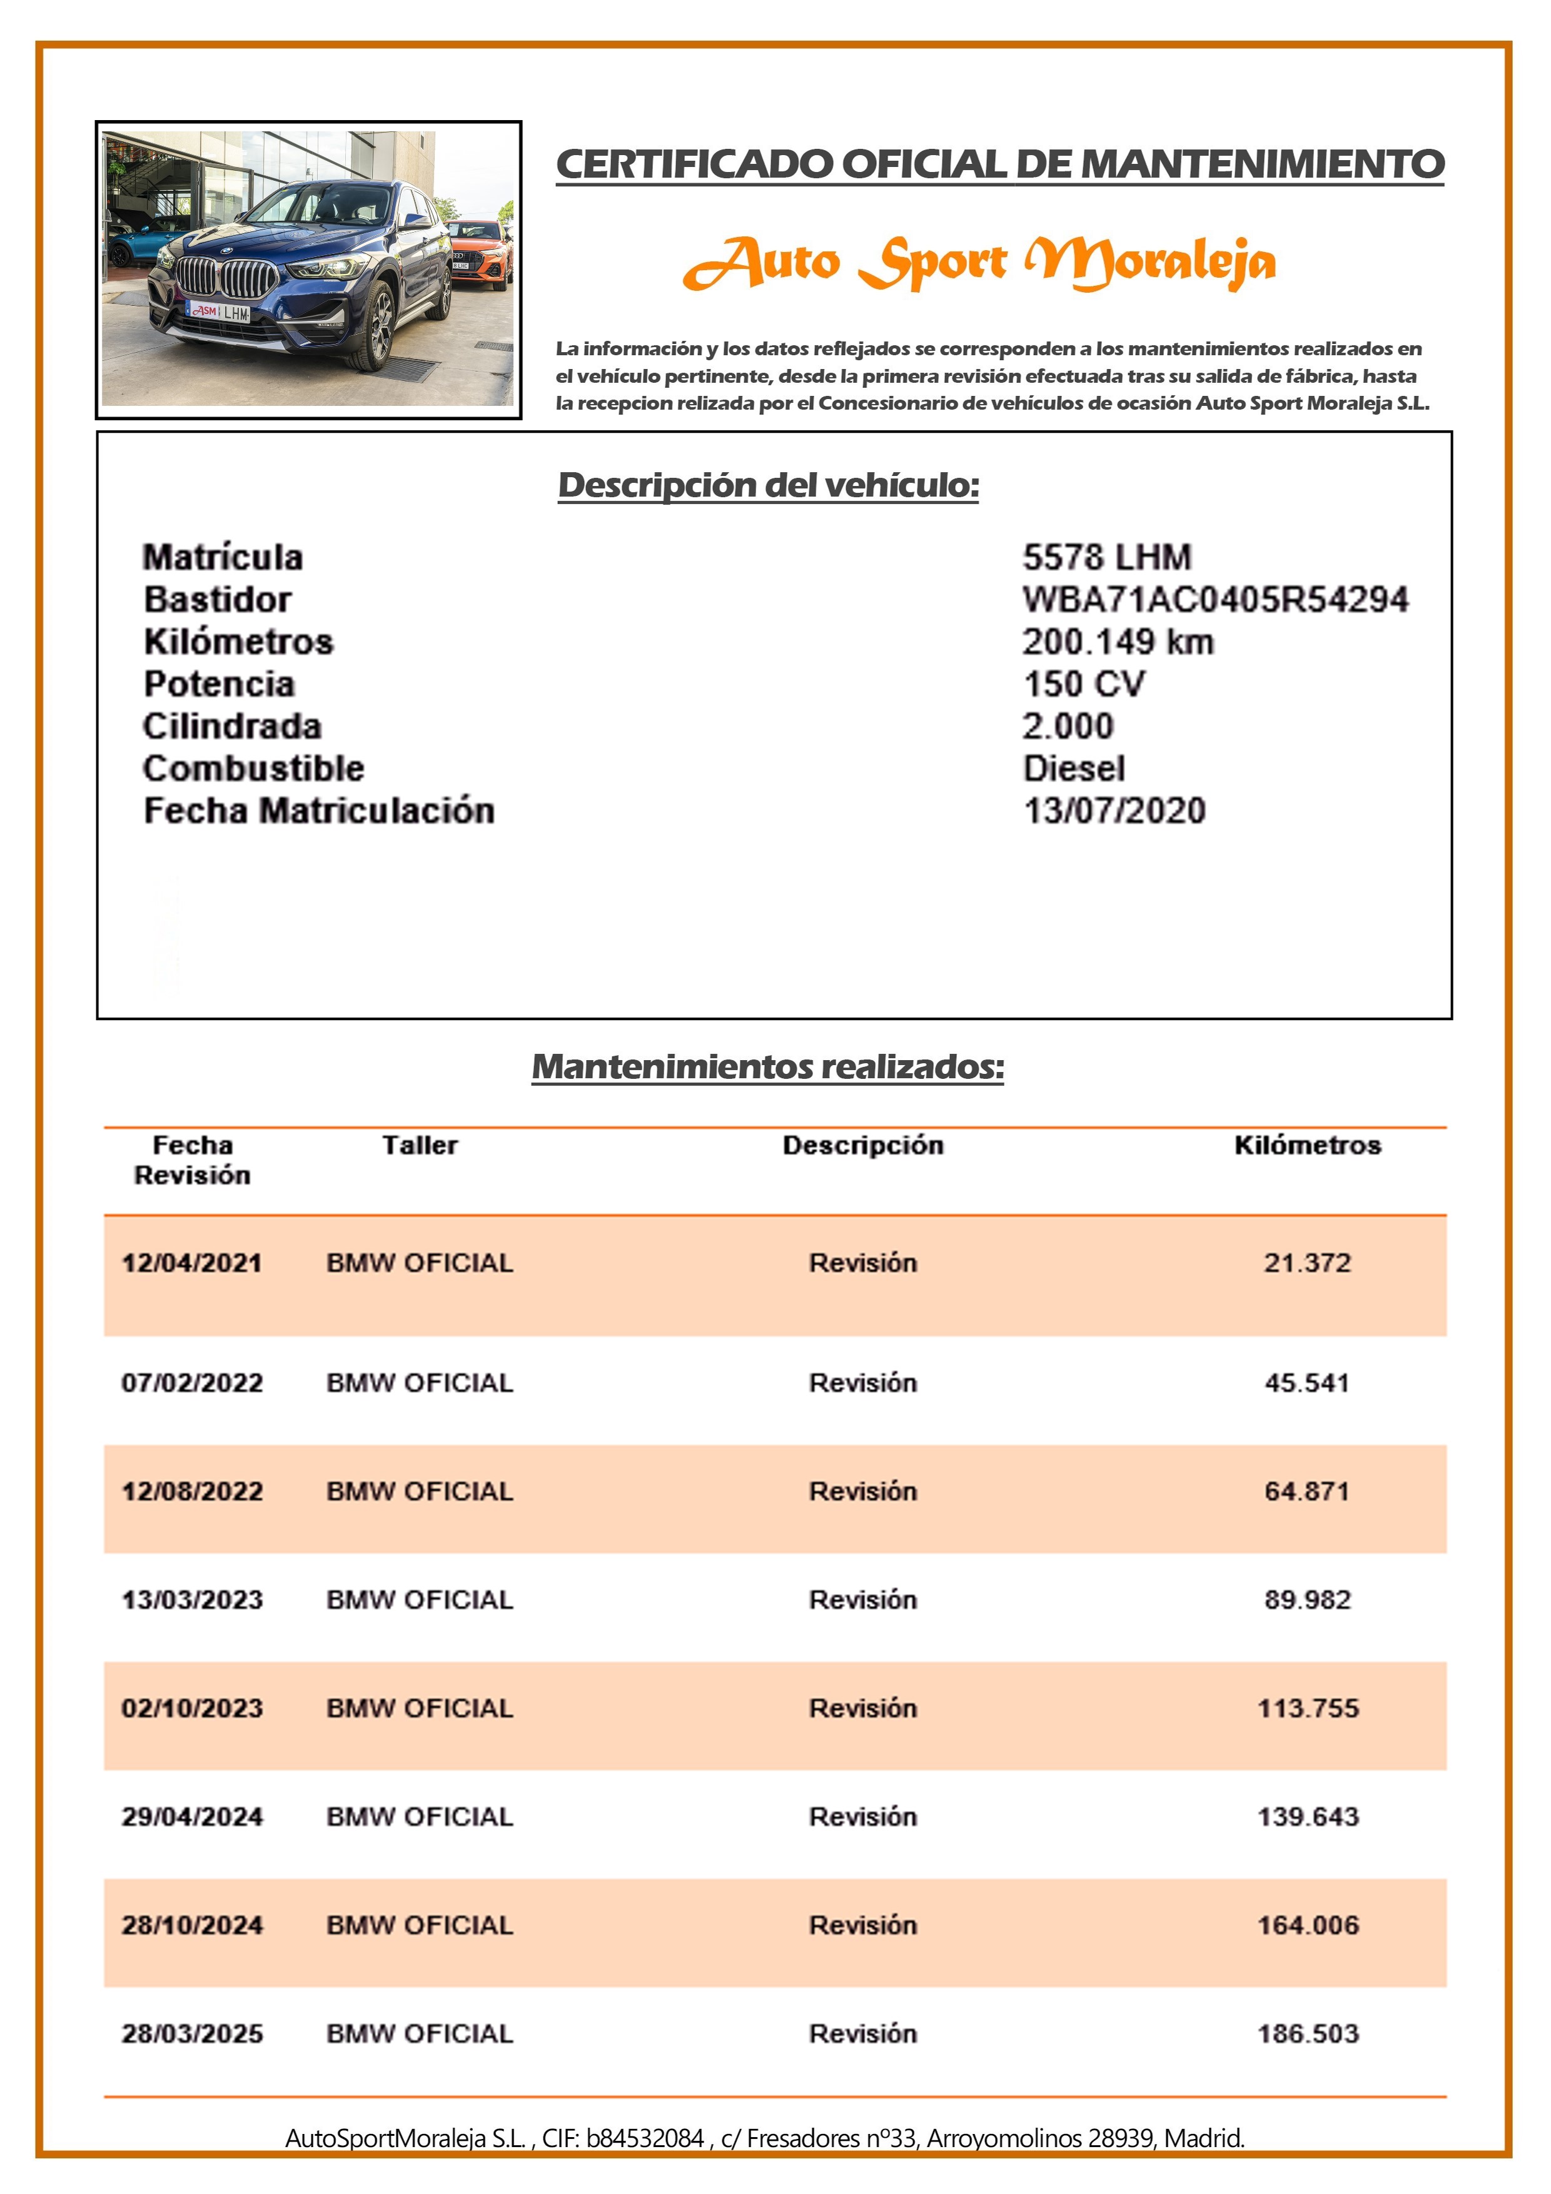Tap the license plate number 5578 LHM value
coord(1106,557)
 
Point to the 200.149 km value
coord(1117,641)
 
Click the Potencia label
coord(219,684)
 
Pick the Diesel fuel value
coord(1073,768)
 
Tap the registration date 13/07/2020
coord(1113,811)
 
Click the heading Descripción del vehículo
coord(769,485)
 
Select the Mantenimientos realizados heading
coord(767,1066)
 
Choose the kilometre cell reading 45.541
coord(1306,1383)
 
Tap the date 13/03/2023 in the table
coord(192,1600)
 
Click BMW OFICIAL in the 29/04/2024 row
coord(420,1816)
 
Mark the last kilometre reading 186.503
coord(1306,2033)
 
